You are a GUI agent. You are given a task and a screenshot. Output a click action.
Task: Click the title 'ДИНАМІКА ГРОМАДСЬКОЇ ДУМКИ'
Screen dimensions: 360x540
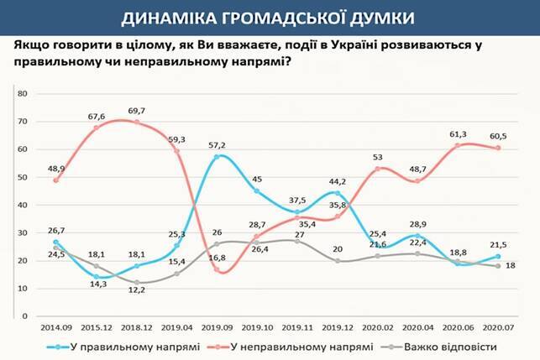tap(270, 16)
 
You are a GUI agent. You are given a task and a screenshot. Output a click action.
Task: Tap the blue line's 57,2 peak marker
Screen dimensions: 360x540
tap(217, 157)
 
